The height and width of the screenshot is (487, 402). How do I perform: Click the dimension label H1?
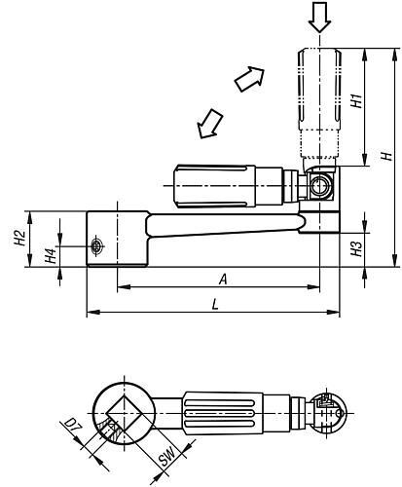(356, 101)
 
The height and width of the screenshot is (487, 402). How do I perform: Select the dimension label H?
(386, 156)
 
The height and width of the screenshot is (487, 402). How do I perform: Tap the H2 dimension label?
(19, 238)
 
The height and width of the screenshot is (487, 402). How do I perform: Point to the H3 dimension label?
(356, 248)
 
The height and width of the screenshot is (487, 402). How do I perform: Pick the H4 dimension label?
(51, 255)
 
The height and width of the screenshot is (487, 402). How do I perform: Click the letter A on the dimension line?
(223, 280)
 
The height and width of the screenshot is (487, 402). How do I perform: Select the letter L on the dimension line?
(215, 305)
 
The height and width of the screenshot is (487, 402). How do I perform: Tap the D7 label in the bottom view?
(72, 427)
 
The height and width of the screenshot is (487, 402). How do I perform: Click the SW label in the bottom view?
(167, 457)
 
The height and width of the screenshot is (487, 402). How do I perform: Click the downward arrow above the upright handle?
(319, 17)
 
